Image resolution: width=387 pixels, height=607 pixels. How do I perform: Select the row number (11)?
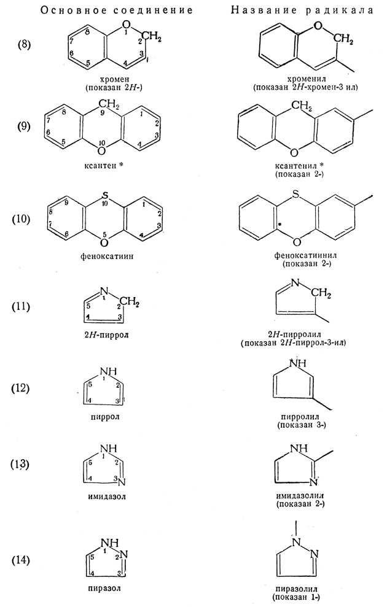(x=27, y=305)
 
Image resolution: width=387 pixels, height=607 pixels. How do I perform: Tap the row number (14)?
(x=27, y=560)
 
